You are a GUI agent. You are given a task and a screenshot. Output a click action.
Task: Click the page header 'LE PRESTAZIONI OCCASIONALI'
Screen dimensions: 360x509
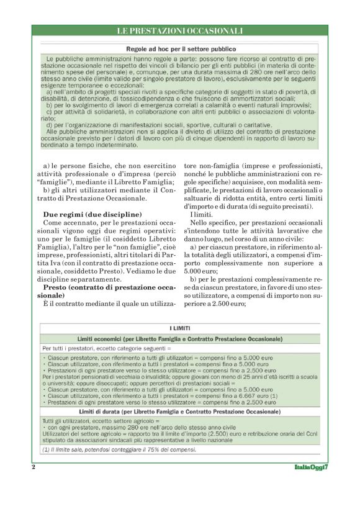click(180, 30)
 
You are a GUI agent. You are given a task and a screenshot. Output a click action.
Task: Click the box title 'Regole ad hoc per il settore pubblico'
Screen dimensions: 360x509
click(180, 48)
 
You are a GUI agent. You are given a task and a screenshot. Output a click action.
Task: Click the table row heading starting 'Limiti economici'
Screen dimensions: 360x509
click(180, 339)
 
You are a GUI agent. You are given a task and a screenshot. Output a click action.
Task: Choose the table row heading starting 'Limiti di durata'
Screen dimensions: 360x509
click(180, 412)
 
